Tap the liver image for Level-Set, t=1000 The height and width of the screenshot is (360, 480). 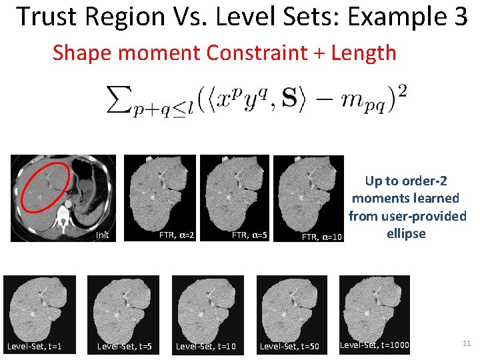[374, 307]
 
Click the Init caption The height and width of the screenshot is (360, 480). [102, 235]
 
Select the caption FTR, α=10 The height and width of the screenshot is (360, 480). [322, 237]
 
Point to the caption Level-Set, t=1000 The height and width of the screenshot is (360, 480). [374, 345]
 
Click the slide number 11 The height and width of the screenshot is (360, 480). [466, 344]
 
